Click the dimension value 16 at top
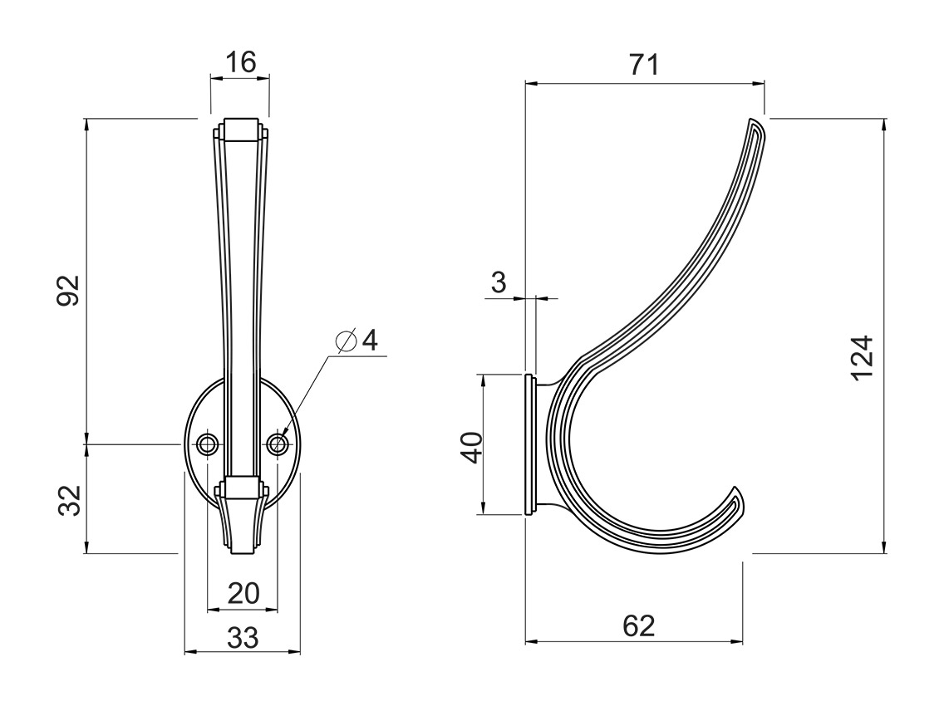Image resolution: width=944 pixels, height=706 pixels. pos(240,61)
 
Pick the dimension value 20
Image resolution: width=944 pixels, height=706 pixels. pos(243,593)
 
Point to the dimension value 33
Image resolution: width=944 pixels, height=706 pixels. pos(243,638)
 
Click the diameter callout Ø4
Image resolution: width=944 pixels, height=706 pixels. pos(357,341)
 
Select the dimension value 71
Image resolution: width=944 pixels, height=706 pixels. pos(643,65)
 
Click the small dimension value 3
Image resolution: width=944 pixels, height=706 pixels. pos(499,282)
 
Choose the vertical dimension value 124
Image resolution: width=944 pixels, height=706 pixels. pos(863,357)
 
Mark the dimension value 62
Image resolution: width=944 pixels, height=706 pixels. pos(638,625)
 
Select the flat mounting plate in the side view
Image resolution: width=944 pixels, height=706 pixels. pos(529,445)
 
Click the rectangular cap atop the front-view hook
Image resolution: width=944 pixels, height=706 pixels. pos(240,130)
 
